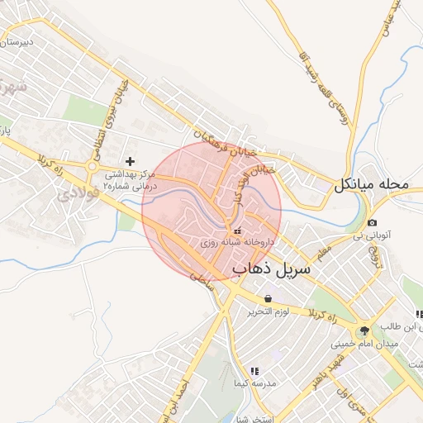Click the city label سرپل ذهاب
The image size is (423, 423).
pyautogui.click(x=271, y=269)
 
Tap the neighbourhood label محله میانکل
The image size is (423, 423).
pyautogui.click(x=371, y=187)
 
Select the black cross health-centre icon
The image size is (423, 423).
pyautogui.click(x=129, y=160)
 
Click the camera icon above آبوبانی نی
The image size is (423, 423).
pyautogui.click(x=373, y=223)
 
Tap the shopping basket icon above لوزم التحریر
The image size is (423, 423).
pyautogui.click(x=267, y=298)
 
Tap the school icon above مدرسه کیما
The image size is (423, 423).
pyautogui.click(x=254, y=373)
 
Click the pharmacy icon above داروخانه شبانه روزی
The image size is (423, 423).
pyautogui.click(x=239, y=231)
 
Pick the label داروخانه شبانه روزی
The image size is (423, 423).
pyautogui.click(x=237, y=244)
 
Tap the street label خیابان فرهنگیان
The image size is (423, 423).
pyautogui.click(x=226, y=143)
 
